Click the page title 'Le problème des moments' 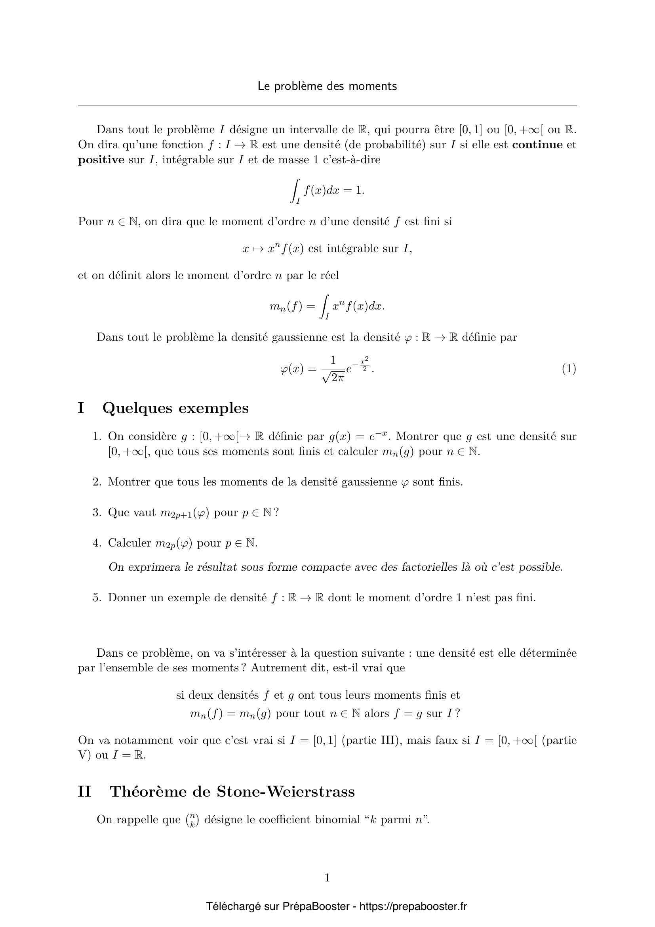pyautogui.click(x=327, y=86)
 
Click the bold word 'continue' pyautogui.click(x=537, y=145)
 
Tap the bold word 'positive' pyautogui.click(x=101, y=160)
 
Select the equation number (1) pyautogui.click(x=569, y=369)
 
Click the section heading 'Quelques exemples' pyautogui.click(x=175, y=408)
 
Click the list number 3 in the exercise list pyautogui.click(x=96, y=512)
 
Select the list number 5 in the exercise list pyautogui.click(x=96, y=598)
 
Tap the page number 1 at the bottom pyautogui.click(x=327, y=877)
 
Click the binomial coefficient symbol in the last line pyautogui.click(x=192, y=820)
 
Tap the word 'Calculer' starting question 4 pyautogui.click(x=129, y=543)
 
